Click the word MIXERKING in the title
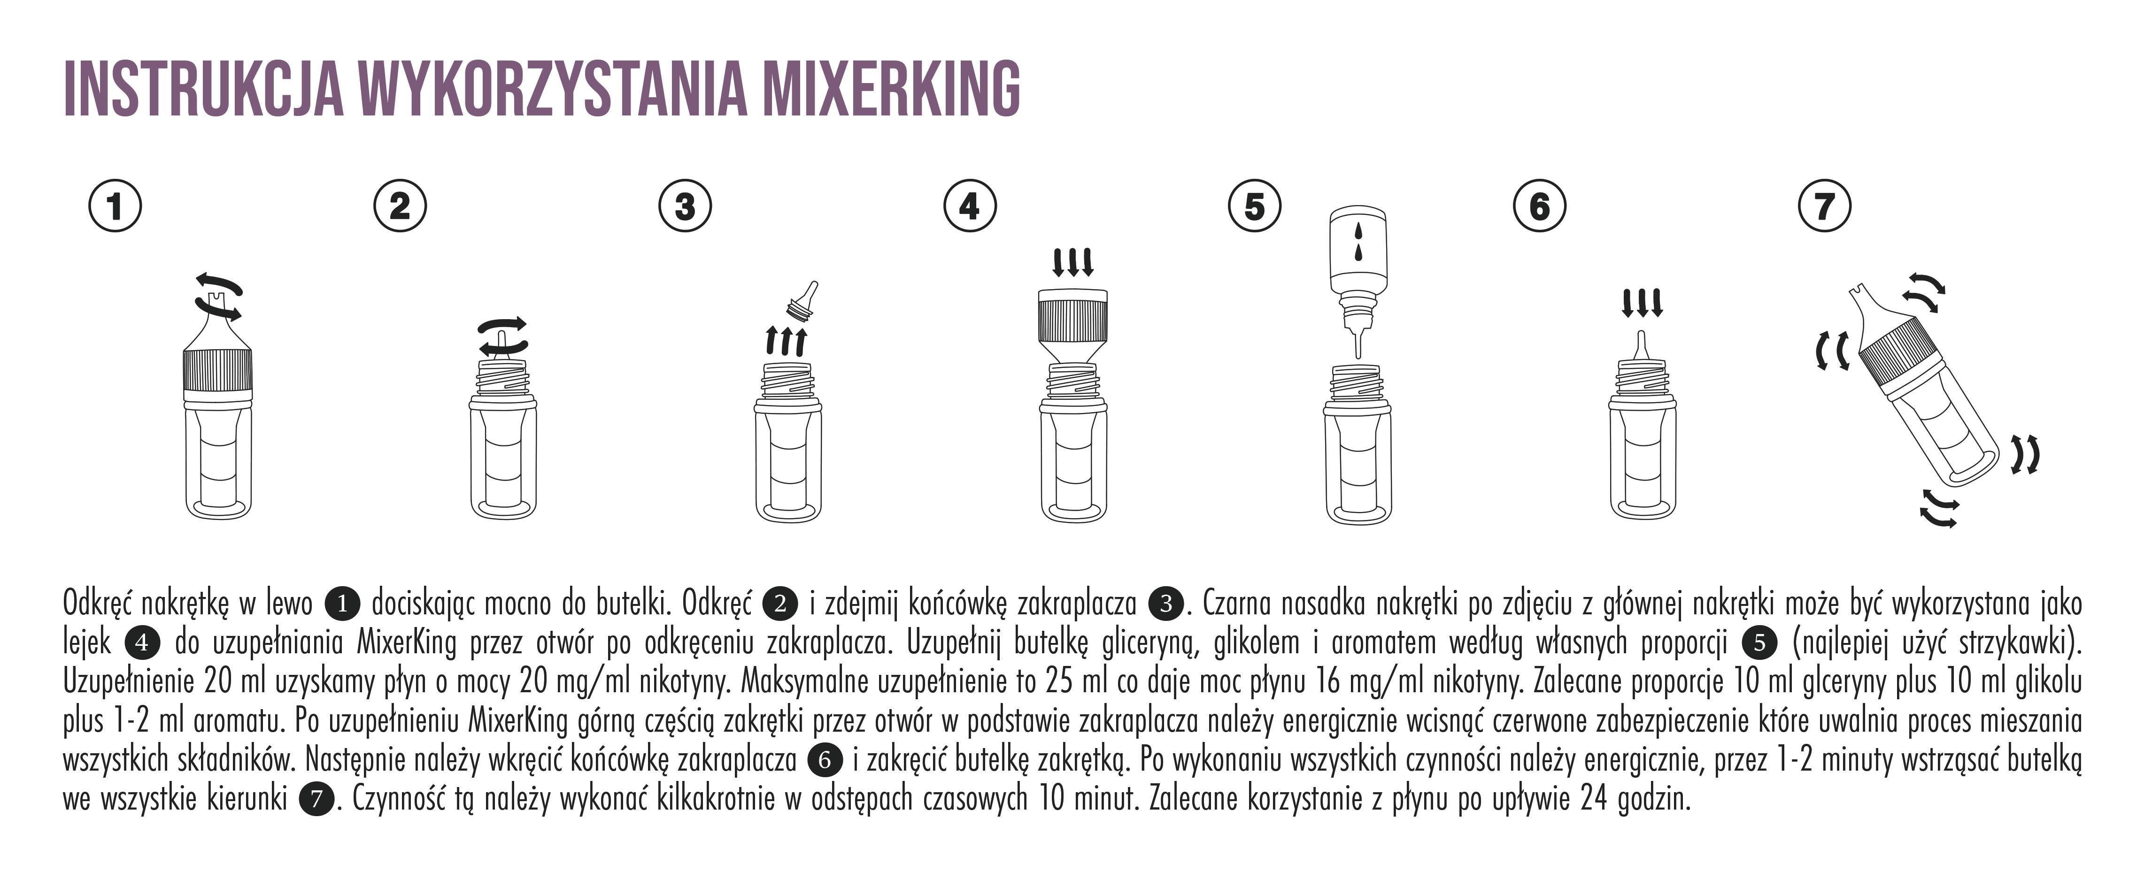tap(892, 88)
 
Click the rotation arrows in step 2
tap(502, 335)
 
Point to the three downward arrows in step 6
tap(1643, 302)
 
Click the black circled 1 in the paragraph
tap(342, 603)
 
